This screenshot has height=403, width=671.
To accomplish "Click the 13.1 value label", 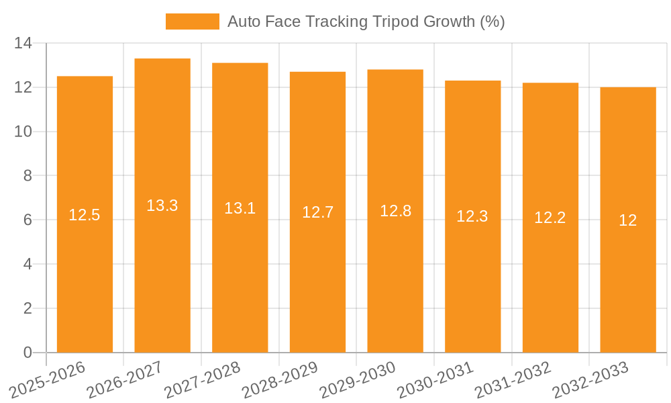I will point(240,208).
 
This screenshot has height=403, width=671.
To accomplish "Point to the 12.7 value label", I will point(317,212).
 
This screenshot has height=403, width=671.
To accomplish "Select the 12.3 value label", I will point(472,216).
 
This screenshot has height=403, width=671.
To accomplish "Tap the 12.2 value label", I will point(550,218).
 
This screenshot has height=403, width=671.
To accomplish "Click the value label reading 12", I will point(628,220).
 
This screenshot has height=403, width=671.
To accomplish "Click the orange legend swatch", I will point(193,21).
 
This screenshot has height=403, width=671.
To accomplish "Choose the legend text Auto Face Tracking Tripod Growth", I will point(366,21).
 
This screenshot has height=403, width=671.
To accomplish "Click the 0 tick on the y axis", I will point(28,353).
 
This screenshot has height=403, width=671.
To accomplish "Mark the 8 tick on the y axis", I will point(28,176).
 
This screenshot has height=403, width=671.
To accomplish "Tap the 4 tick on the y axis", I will point(28,265).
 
